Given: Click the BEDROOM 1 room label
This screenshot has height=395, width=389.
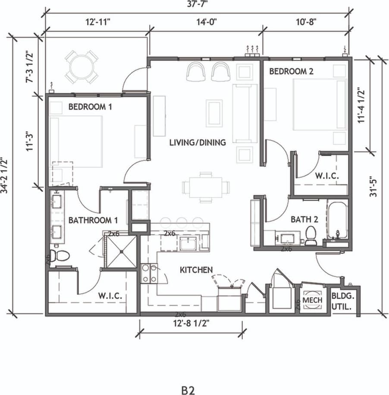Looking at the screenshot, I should (x=90, y=106).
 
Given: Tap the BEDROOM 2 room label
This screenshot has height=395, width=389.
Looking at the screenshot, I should (x=291, y=71).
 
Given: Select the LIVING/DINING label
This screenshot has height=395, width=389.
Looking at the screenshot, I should (x=197, y=142).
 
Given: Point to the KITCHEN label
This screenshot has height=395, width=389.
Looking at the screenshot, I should (x=196, y=270).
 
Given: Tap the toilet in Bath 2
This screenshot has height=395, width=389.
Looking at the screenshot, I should (x=311, y=236).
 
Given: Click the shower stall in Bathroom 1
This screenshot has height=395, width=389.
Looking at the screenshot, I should (x=121, y=251).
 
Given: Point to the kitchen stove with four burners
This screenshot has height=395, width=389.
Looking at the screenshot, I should (x=149, y=274).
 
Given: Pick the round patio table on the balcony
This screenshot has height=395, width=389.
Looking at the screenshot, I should (x=82, y=66).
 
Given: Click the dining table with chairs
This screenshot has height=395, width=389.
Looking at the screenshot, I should (x=206, y=187).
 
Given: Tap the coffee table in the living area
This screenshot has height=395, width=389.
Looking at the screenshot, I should (x=214, y=113).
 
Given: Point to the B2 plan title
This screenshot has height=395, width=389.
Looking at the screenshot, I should (x=188, y=390).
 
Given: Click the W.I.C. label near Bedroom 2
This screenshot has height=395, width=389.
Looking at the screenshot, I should (x=326, y=176).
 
